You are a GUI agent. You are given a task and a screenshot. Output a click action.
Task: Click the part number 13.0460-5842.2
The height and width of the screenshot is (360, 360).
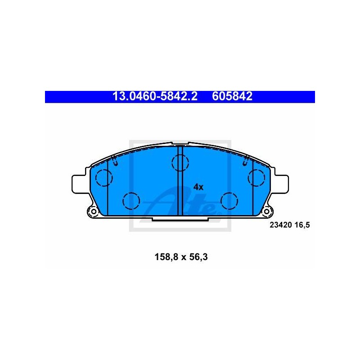(x=155, y=96)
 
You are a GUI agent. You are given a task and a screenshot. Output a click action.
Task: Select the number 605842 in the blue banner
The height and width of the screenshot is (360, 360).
(x=232, y=96)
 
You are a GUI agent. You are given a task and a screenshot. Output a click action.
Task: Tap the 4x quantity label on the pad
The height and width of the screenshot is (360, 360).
(x=198, y=187)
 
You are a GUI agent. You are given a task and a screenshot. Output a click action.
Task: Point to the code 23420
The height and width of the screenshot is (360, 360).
(x=280, y=225)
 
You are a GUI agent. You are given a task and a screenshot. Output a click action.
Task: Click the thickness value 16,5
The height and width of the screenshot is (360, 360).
(x=302, y=225)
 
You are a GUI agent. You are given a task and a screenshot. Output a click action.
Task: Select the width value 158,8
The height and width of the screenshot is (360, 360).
(x=166, y=257)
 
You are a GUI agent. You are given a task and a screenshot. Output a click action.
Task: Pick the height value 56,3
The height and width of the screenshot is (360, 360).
(x=198, y=257)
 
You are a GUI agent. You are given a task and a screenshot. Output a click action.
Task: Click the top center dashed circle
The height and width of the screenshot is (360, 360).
(x=180, y=163)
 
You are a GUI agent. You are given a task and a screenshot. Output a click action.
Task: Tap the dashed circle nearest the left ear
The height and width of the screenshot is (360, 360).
(x=104, y=178)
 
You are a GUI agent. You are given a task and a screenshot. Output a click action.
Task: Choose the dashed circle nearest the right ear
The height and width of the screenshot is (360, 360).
(x=256, y=178)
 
